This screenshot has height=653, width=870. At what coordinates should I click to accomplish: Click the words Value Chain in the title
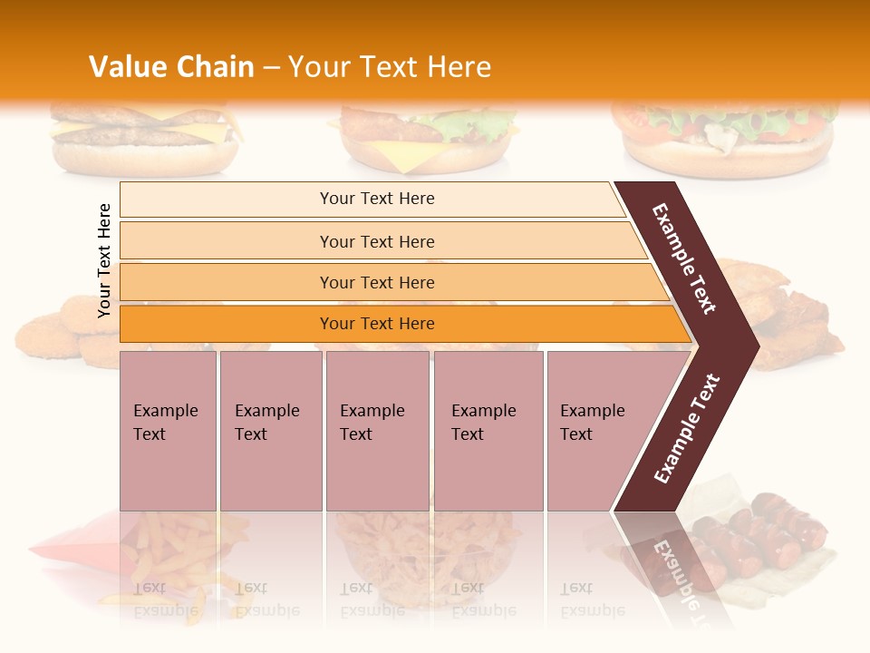click(x=171, y=67)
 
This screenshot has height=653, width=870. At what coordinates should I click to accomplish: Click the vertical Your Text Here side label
click(x=104, y=260)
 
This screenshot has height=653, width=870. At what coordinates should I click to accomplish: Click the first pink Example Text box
click(x=168, y=431)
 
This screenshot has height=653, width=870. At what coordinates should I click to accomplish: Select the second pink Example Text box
click(x=270, y=431)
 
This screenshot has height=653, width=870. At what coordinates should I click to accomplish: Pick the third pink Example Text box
click(x=377, y=431)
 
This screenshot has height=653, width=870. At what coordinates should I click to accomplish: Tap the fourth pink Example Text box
click(x=488, y=431)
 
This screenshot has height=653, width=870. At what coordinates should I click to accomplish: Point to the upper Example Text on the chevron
click(x=684, y=258)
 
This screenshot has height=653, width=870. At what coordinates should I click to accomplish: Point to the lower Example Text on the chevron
click(x=687, y=428)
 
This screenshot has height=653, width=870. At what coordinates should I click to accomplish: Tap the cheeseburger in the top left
click(x=145, y=141)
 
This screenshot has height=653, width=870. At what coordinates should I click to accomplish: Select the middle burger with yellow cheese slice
click(x=421, y=141)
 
